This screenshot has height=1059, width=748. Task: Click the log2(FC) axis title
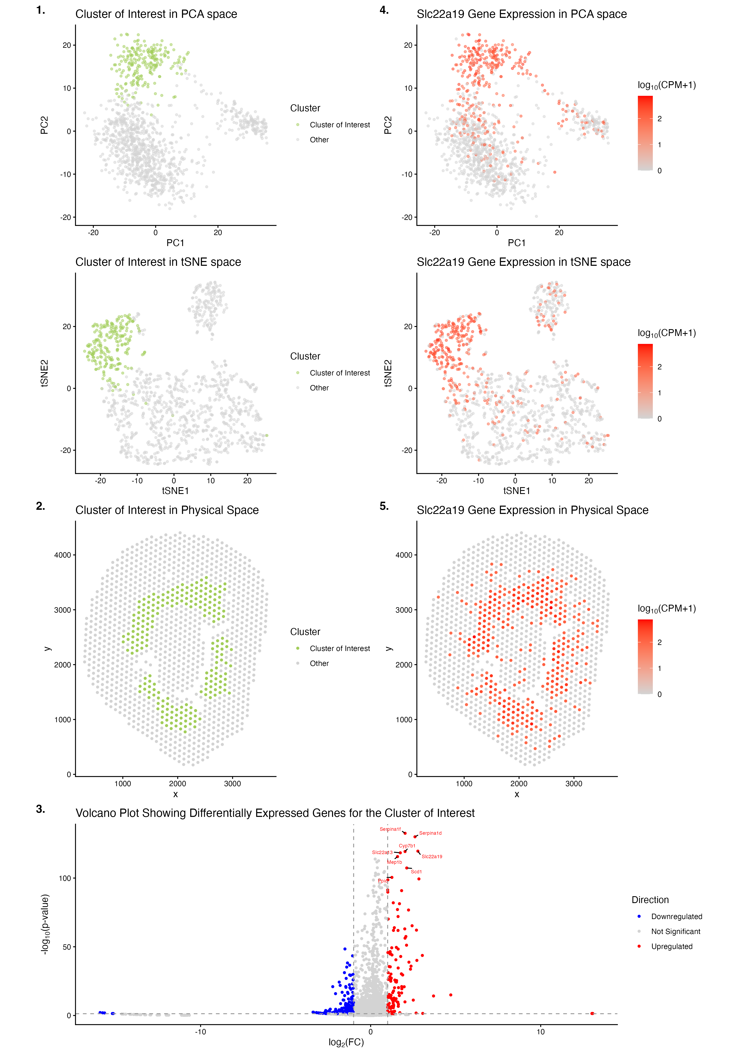click(346, 1042)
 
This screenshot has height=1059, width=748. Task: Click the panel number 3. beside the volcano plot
click(41, 809)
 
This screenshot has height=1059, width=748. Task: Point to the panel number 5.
click(384, 506)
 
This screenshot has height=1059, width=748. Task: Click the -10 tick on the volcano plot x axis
click(200, 1032)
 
